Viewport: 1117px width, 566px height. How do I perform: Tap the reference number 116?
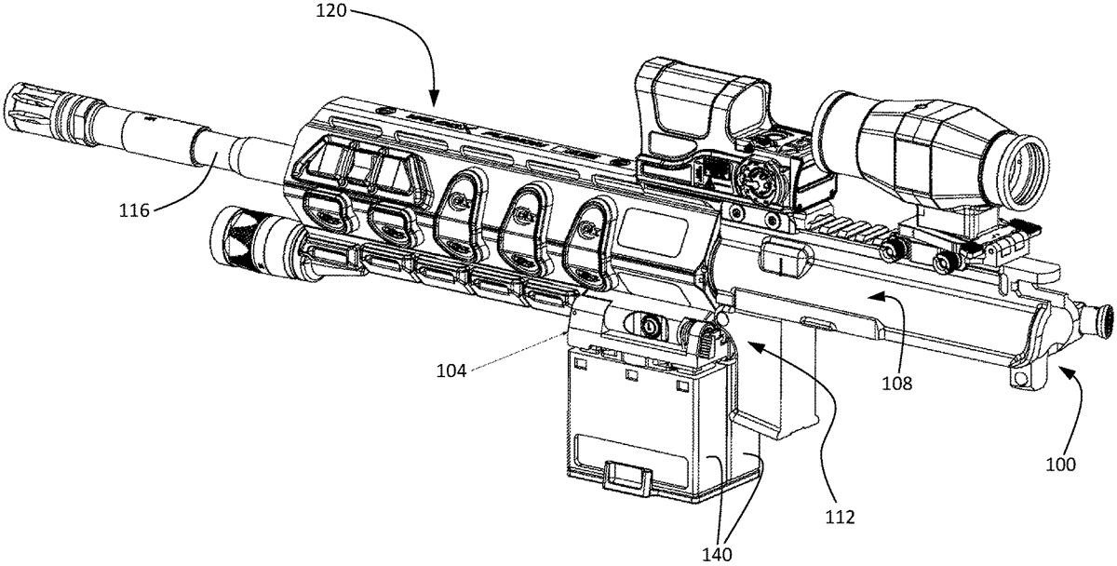pyautogui.click(x=135, y=211)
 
